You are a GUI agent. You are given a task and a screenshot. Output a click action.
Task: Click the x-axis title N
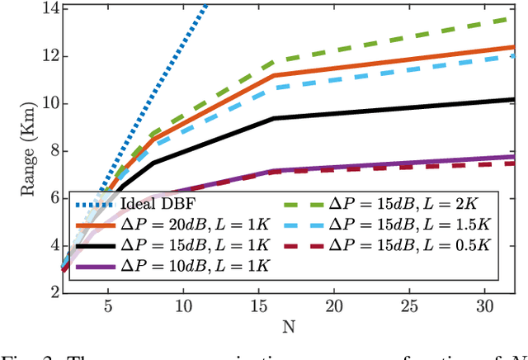click(x=288, y=326)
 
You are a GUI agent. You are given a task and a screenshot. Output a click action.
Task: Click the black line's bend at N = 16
click(x=273, y=118)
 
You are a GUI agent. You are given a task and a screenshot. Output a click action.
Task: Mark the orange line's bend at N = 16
click(x=273, y=75)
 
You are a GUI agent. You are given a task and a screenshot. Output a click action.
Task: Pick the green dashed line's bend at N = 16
click(x=273, y=62)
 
